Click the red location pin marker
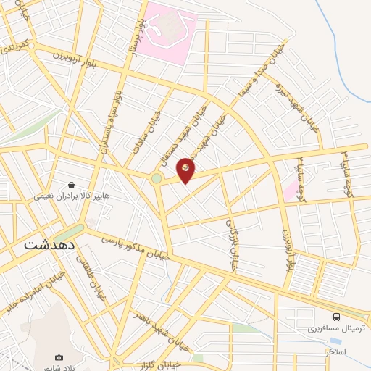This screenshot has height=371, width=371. (186, 169)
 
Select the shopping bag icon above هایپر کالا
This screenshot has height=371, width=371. (71, 184)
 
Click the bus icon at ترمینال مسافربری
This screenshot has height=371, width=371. (336, 316)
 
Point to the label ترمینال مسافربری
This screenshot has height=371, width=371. (314, 328)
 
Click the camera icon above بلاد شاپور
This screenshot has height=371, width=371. (59, 358)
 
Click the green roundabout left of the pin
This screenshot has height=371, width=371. (157, 178)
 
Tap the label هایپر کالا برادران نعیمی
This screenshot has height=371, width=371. (70, 196)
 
